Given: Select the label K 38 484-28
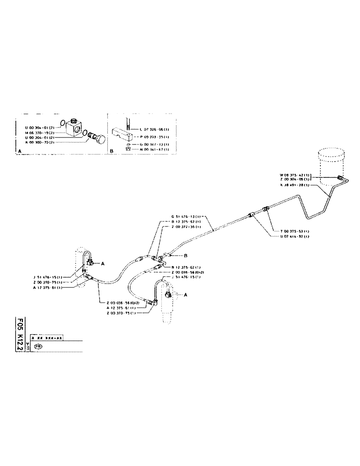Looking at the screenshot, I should (x=295, y=185).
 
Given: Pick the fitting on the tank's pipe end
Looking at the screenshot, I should (x=339, y=177).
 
